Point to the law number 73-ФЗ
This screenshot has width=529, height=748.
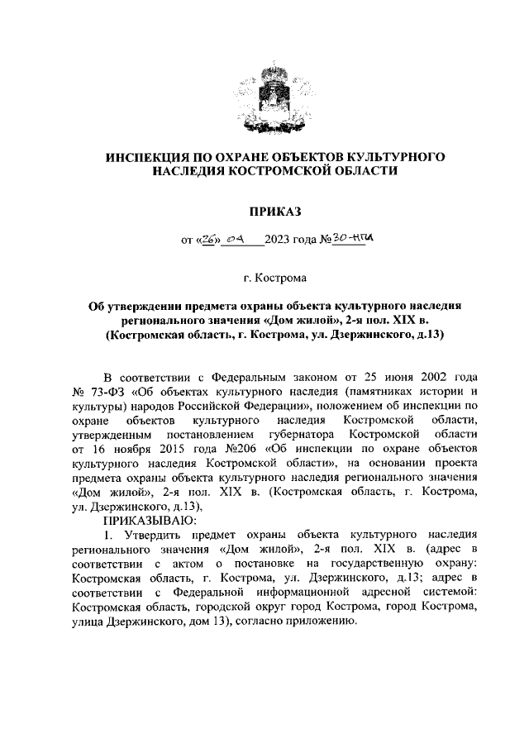point(104,388)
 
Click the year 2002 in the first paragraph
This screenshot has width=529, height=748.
point(420,374)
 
